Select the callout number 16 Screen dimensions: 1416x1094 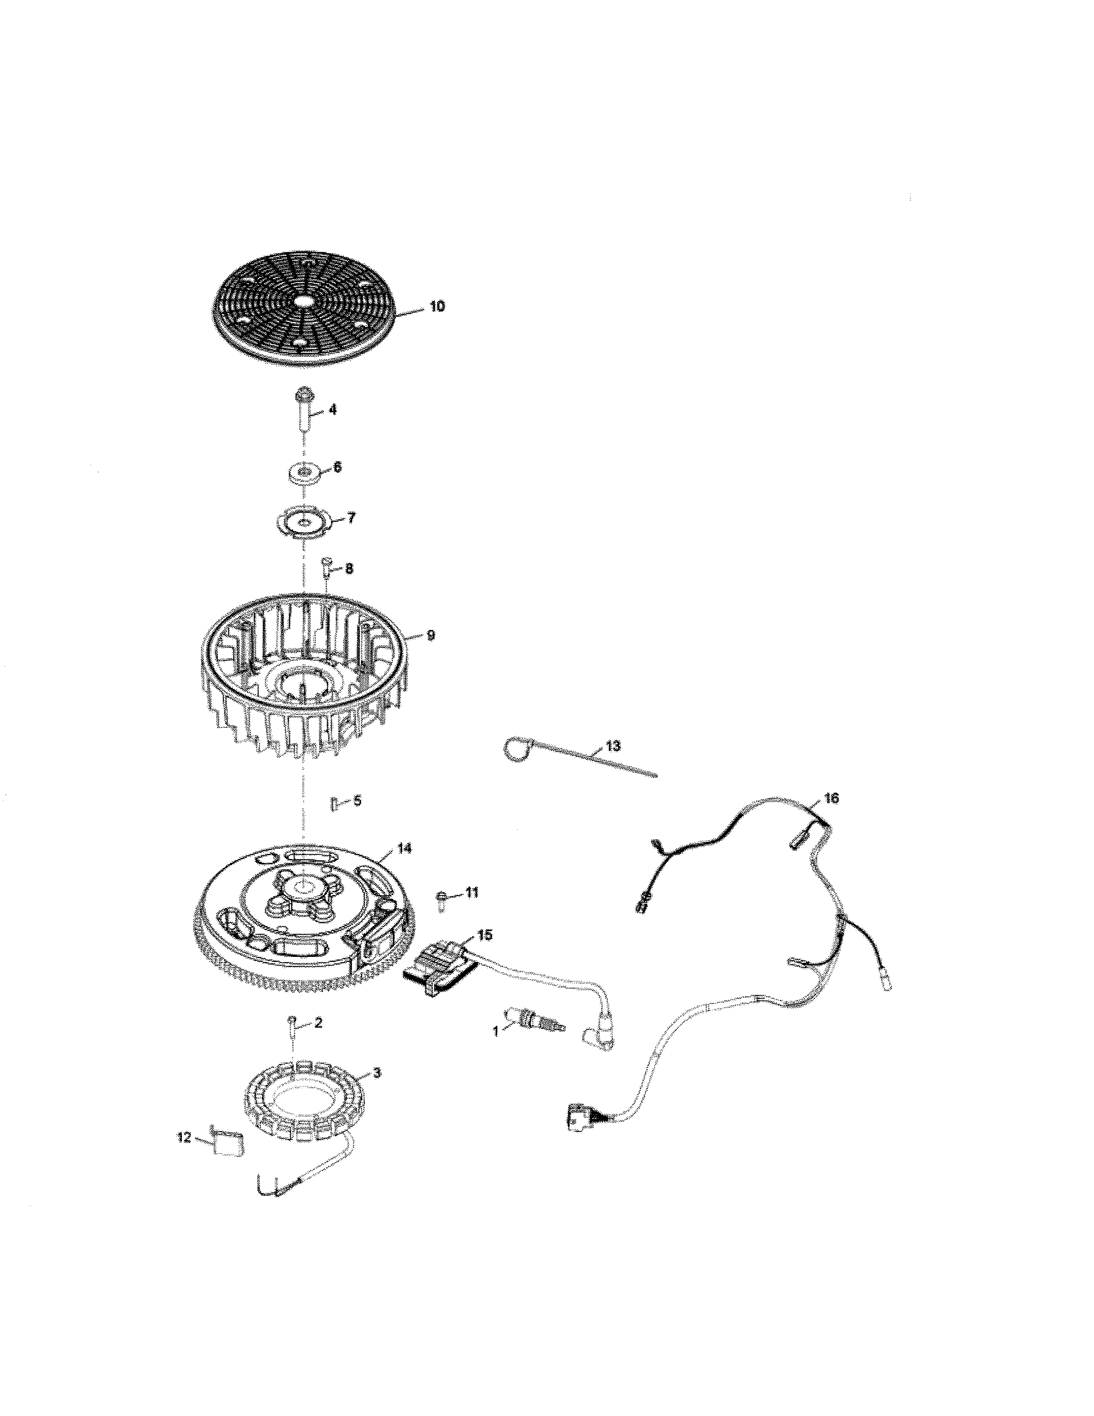(831, 799)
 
